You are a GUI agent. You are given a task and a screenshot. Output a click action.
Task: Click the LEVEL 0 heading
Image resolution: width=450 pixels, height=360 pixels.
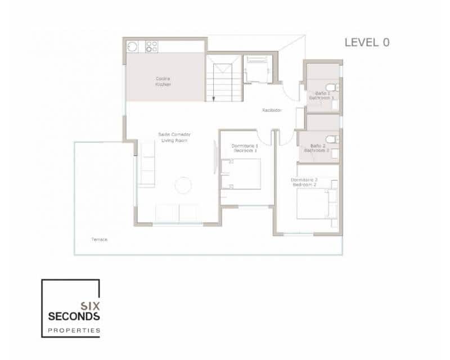[x=367, y=42]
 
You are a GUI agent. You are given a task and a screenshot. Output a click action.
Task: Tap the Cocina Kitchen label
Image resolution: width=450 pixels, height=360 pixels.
[x=164, y=82]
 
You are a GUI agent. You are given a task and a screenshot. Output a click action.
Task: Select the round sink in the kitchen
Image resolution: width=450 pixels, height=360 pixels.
[x=132, y=46]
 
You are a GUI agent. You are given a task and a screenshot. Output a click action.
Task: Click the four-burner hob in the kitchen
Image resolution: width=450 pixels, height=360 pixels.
[x=152, y=46]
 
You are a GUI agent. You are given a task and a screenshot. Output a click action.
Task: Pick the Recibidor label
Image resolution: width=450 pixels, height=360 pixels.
[x=272, y=110]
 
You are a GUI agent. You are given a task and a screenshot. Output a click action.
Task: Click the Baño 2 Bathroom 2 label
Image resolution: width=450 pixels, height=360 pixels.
[x=316, y=147]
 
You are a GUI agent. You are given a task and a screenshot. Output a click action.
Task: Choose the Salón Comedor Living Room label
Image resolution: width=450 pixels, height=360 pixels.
[x=174, y=137]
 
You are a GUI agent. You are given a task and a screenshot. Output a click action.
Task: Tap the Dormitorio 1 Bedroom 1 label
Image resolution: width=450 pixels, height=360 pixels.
[x=244, y=148]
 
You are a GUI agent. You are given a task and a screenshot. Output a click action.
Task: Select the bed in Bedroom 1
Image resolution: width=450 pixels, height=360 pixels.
[x=241, y=174]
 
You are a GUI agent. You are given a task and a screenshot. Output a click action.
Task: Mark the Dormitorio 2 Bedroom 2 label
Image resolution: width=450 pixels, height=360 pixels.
[x=304, y=182]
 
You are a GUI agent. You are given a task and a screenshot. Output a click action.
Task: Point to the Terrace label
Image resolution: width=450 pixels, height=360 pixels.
[x=100, y=240]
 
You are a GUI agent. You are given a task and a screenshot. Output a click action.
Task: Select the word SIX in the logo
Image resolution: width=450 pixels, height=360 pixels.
[x=90, y=306]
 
